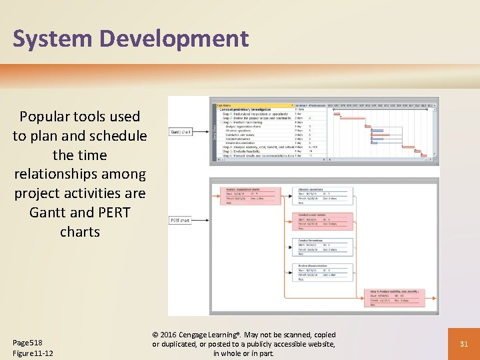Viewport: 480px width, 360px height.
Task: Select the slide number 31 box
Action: tap(465, 344)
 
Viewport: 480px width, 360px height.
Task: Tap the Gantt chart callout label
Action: tap(181, 132)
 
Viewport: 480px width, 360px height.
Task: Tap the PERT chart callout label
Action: tap(180, 221)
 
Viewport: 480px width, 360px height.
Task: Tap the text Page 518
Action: tap(27, 342)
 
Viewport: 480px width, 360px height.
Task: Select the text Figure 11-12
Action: tap(33, 353)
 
